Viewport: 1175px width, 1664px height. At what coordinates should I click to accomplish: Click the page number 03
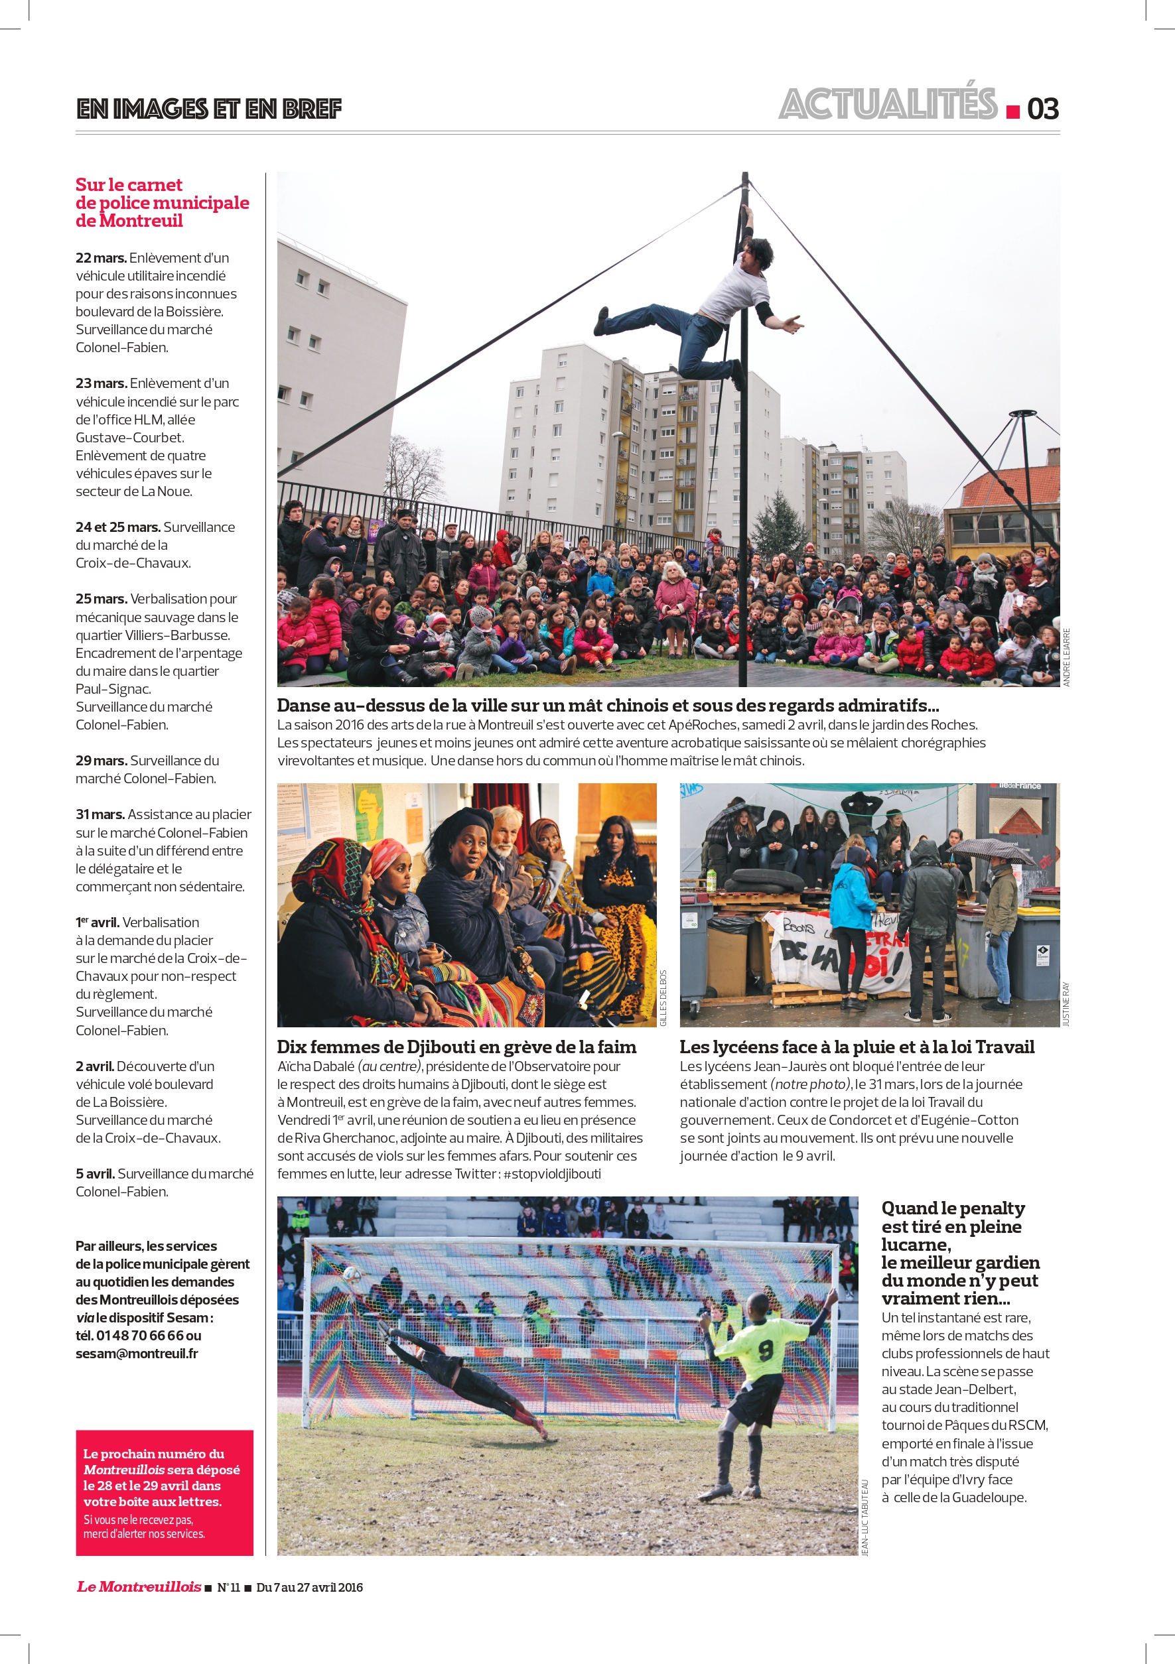pos(1042,109)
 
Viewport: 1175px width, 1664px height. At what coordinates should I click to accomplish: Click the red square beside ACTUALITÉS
pos(1012,111)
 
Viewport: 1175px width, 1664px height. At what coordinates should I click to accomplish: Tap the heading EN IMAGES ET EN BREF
pos(209,109)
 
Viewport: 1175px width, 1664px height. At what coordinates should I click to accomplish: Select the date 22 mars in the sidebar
pos(101,258)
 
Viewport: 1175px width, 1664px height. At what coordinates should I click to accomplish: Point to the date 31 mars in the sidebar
pos(100,814)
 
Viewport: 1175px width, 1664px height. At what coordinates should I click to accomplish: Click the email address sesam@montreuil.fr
pos(136,1353)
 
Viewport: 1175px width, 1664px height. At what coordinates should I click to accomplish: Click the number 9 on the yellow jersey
pos(766,1350)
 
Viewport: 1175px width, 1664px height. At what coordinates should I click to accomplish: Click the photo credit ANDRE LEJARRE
pos(1066,657)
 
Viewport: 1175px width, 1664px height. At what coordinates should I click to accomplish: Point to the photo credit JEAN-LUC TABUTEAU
pos(864,1517)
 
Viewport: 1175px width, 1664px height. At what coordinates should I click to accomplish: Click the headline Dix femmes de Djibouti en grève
pos(456,1047)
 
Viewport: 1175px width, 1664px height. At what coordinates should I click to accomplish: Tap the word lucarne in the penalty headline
pos(915,1244)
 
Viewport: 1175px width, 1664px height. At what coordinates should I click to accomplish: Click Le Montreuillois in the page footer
pos(139,1586)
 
